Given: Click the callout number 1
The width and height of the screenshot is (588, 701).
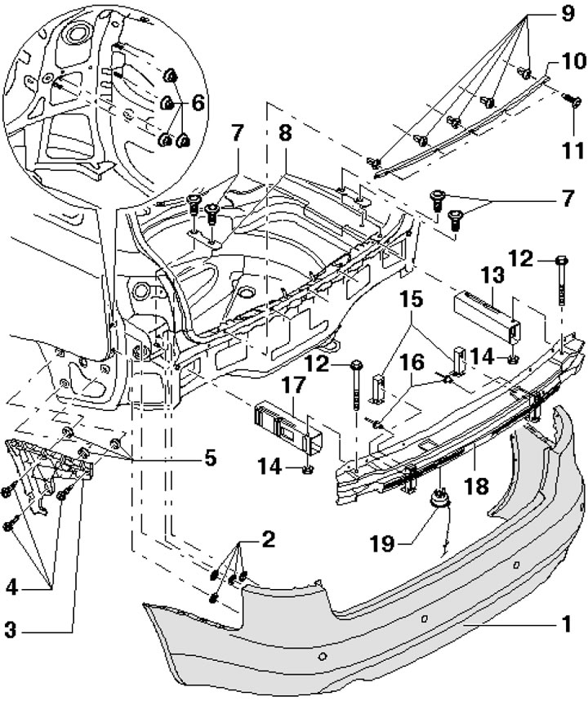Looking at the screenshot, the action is [x=566, y=623].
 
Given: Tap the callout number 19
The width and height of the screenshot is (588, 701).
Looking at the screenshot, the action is [x=382, y=544].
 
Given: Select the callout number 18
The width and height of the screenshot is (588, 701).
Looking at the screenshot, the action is [x=476, y=486].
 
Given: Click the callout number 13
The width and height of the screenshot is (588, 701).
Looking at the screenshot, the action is [x=492, y=276].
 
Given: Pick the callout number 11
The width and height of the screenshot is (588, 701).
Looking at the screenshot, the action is [x=572, y=151].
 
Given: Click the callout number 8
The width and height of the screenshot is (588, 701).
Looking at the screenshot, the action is [x=285, y=133].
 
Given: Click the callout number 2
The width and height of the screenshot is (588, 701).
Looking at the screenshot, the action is [x=268, y=540].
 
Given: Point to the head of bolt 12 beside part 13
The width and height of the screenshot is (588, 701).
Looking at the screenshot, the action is [x=562, y=260].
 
